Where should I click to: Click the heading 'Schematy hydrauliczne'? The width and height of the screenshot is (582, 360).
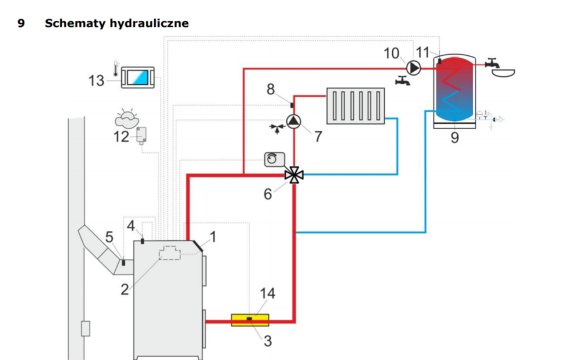tap(116, 24)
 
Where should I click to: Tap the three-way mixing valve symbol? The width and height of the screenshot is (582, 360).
tap(294, 174)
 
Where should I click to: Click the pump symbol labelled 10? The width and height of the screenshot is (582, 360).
tap(414, 68)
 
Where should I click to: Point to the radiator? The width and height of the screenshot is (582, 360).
tap(356, 105)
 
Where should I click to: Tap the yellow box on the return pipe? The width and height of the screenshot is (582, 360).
tap(250, 320)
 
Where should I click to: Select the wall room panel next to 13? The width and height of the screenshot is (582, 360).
tap(139, 78)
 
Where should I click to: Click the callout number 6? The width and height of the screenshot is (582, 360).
tap(267, 194)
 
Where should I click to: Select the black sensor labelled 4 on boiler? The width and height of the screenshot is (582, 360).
tap(143, 240)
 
